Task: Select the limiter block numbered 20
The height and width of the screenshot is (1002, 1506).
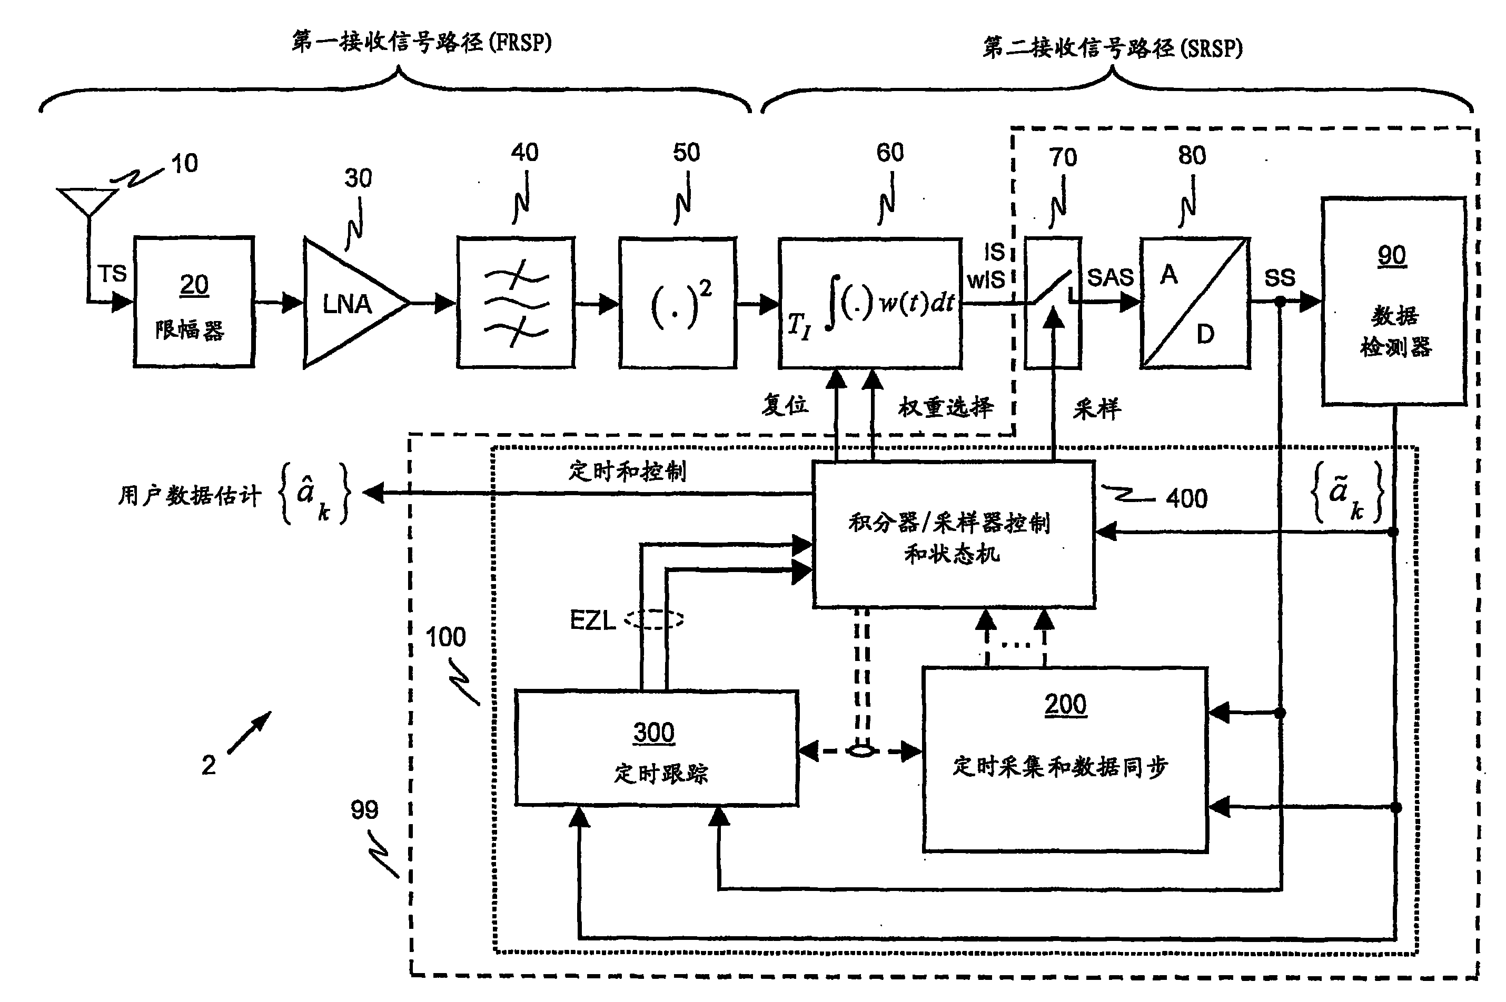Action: click(x=194, y=302)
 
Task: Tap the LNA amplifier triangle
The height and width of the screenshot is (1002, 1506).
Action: click(x=349, y=304)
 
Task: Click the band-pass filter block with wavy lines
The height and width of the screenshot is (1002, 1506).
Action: click(x=515, y=303)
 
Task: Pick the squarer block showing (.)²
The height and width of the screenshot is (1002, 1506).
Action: click(x=678, y=303)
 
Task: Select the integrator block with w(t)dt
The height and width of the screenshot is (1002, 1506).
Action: click(x=870, y=304)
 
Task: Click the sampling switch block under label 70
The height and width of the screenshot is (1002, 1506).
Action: click(x=1053, y=303)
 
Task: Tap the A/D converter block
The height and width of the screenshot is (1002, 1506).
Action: click(x=1195, y=303)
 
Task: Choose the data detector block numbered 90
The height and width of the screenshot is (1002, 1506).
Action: click(x=1393, y=301)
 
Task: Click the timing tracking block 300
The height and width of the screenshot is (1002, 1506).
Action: click(x=657, y=748)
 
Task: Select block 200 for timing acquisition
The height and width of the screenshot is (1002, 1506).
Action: click(x=1064, y=759)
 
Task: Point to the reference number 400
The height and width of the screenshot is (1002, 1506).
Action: click(x=1186, y=498)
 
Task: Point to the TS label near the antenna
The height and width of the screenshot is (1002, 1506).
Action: click(x=112, y=274)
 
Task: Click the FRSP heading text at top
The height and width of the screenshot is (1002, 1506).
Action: click(x=421, y=42)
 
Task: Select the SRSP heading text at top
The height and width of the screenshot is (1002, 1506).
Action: click(x=1112, y=48)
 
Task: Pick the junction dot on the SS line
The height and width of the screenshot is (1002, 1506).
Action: click(x=1280, y=302)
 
